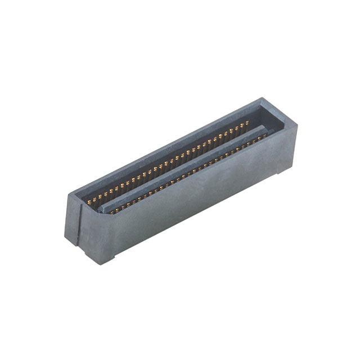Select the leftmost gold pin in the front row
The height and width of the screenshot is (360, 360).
coord(111,212)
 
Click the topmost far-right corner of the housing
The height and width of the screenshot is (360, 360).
coord(262,100)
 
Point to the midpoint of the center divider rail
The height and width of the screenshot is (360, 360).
coord(183,169)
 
